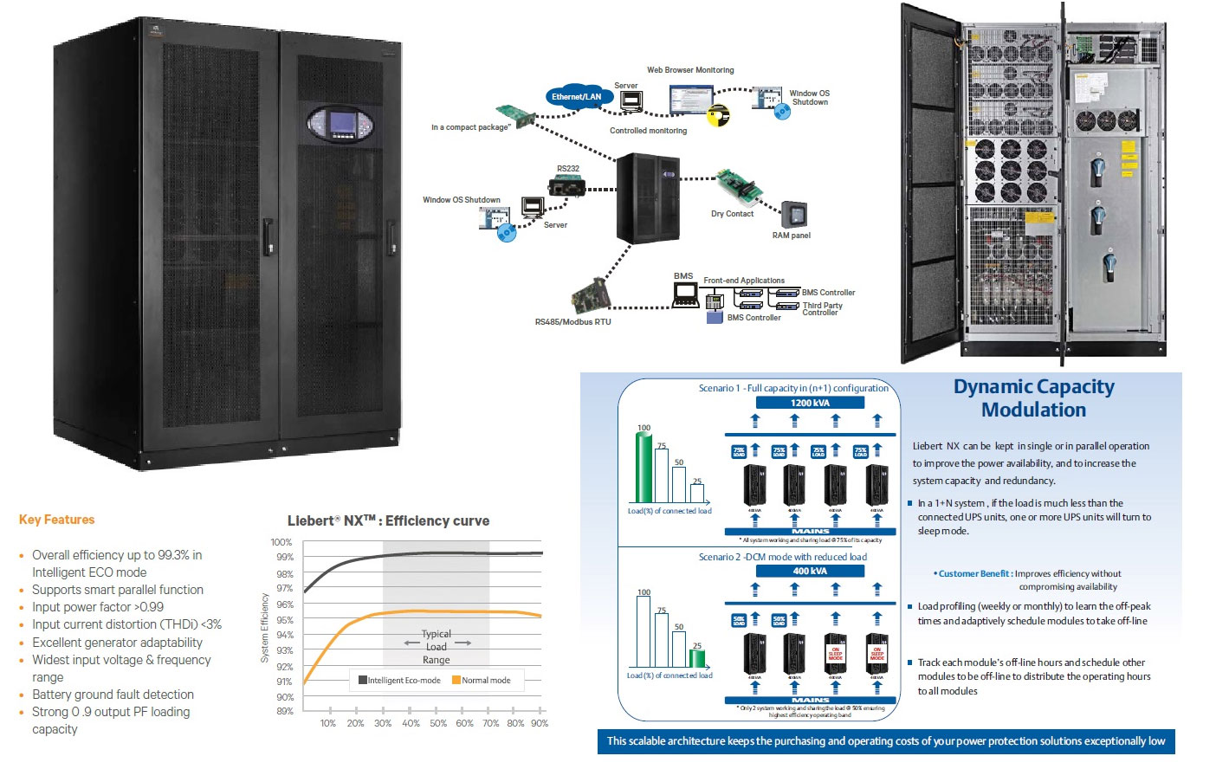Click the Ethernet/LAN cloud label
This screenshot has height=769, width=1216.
tap(576, 97)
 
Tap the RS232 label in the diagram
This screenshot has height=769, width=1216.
tap(567, 169)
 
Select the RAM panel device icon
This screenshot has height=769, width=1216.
tap(793, 214)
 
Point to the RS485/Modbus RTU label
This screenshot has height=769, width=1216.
tap(572, 322)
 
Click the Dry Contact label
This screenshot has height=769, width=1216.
tap(732, 214)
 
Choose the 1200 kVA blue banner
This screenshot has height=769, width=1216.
tap(810, 403)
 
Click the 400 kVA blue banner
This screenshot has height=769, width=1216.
tap(810, 571)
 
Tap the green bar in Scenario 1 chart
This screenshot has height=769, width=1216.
tap(644, 467)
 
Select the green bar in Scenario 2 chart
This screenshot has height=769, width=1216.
tap(697, 657)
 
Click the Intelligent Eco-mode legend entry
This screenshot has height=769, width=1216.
tap(399, 681)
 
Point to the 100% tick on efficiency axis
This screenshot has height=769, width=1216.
tap(281, 542)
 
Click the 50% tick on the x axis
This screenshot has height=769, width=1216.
tap(438, 723)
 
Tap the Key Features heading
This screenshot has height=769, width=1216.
tap(56, 520)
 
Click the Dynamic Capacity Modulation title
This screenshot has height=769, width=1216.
tap(1033, 398)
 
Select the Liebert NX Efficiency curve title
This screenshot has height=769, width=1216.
tap(388, 520)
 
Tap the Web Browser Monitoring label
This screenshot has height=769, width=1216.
tap(690, 70)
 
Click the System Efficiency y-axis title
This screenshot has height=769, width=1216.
tap(265, 628)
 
